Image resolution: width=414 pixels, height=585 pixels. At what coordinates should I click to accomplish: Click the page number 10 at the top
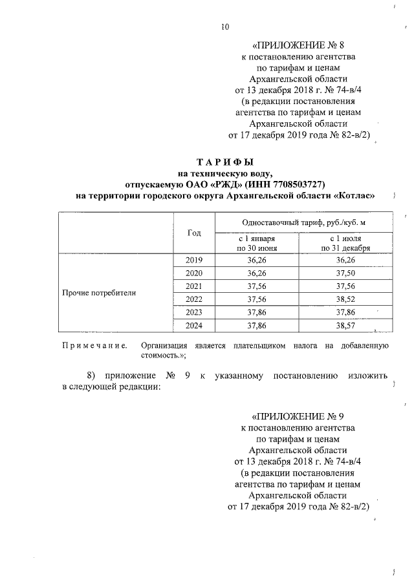224,27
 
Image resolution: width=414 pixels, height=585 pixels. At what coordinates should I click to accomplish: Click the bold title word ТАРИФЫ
226,162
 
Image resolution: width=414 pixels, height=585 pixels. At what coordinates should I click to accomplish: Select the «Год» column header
194,233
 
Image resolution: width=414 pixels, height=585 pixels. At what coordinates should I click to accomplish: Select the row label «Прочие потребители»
99,292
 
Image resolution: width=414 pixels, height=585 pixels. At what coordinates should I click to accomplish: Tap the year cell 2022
194,299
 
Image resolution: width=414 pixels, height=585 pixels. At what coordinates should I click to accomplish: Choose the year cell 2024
194,325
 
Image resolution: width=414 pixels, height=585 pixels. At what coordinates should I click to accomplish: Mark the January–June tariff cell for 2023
257,312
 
